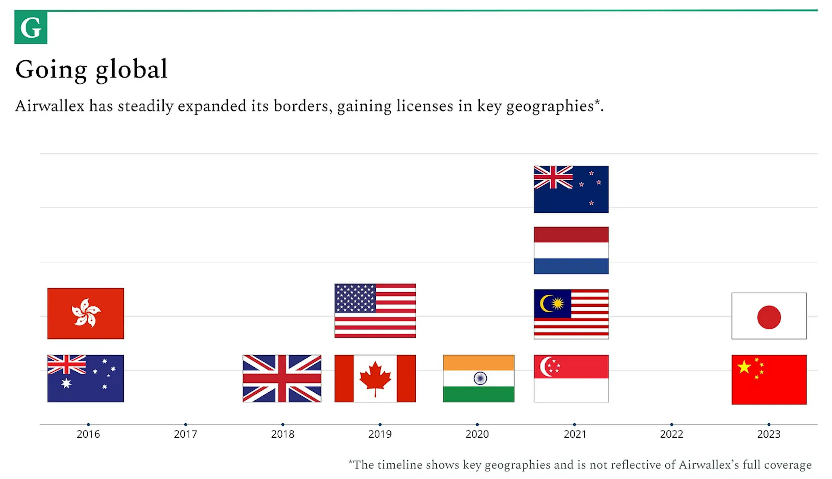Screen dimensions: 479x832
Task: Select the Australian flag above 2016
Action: tap(86, 378)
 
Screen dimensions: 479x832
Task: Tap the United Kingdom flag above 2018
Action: tap(282, 378)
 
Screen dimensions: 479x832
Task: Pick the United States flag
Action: tap(375, 311)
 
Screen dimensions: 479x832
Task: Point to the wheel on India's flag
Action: tap(480, 378)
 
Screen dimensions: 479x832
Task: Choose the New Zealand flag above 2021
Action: tap(571, 189)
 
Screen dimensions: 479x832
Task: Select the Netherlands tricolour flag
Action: tap(571, 250)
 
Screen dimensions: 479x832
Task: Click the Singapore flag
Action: tap(571, 378)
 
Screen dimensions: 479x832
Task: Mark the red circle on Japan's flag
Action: tap(769, 317)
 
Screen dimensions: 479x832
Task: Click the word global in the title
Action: tap(132, 70)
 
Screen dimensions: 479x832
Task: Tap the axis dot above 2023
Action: tap(769, 424)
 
